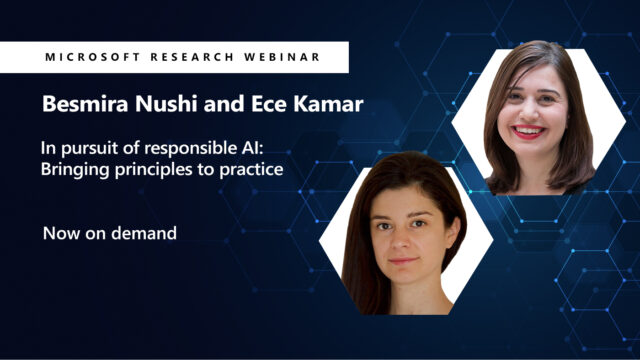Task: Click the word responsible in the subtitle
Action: [195, 149]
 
